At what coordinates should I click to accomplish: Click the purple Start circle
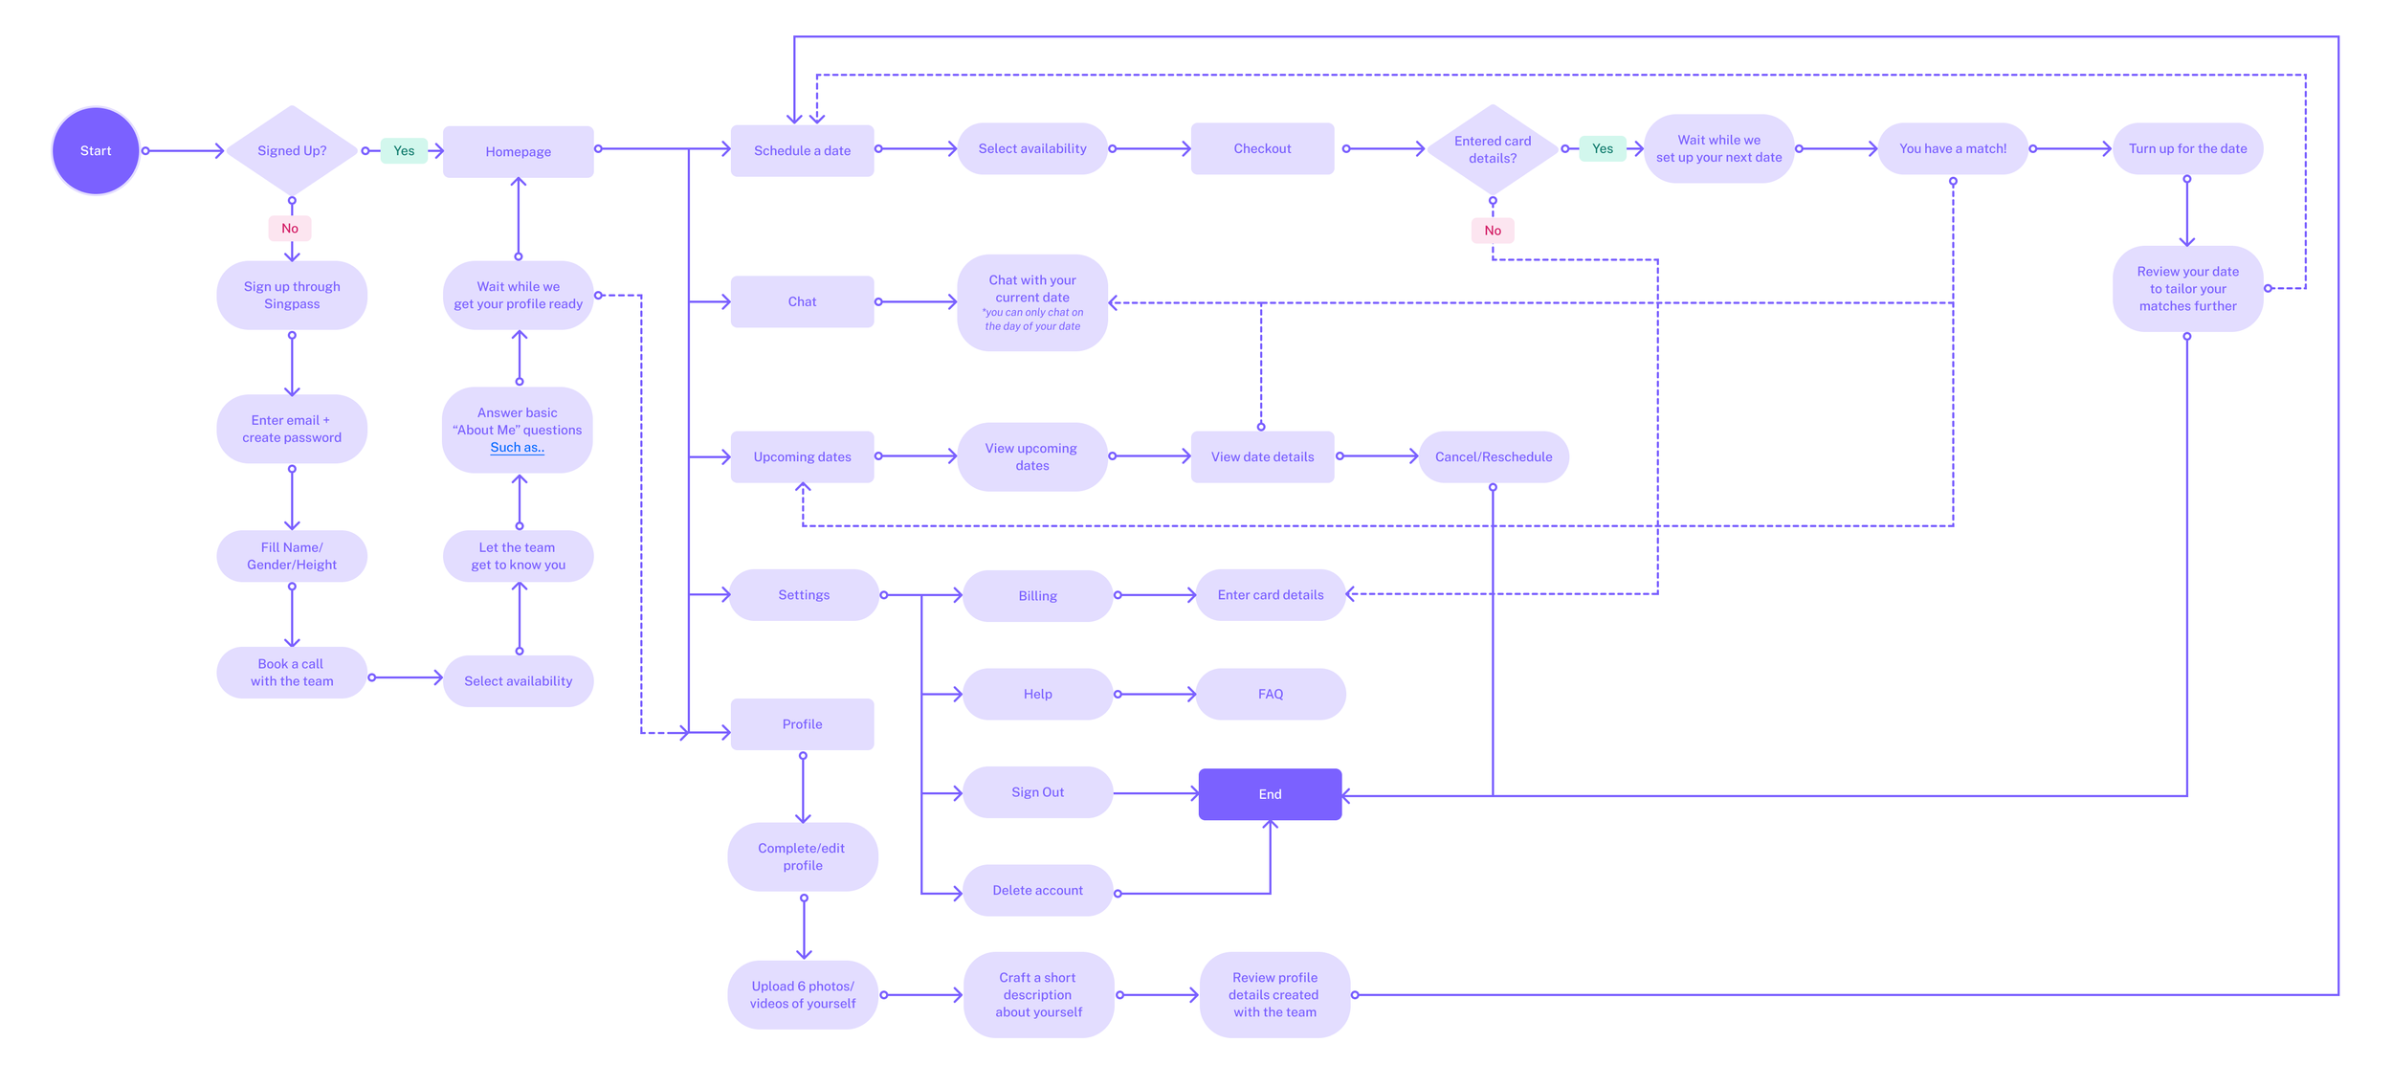point(96,150)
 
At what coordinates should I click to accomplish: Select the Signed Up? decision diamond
point(292,150)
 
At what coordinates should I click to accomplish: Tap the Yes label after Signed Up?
point(404,150)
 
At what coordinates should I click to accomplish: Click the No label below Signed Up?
point(290,229)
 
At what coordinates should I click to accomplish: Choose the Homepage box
point(518,151)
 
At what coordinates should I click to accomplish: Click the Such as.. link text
point(517,448)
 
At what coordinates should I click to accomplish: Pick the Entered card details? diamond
point(1492,149)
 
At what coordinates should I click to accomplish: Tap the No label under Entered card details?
point(1492,231)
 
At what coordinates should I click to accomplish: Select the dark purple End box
point(1270,794)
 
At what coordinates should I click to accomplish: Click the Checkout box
point(1262,148)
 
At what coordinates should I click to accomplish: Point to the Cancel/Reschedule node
point(1493,456)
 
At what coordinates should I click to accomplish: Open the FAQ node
point(1270,694)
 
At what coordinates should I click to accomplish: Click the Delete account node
point(1037,890)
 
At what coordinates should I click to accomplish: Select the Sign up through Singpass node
point(292,295)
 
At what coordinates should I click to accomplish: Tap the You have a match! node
point(1952,148)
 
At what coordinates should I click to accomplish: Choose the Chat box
point(802,301)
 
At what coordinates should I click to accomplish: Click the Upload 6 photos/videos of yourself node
point(802,994)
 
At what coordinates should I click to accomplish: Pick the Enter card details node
point(1270,594)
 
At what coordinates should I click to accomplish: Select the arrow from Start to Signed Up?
point(184,150)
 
